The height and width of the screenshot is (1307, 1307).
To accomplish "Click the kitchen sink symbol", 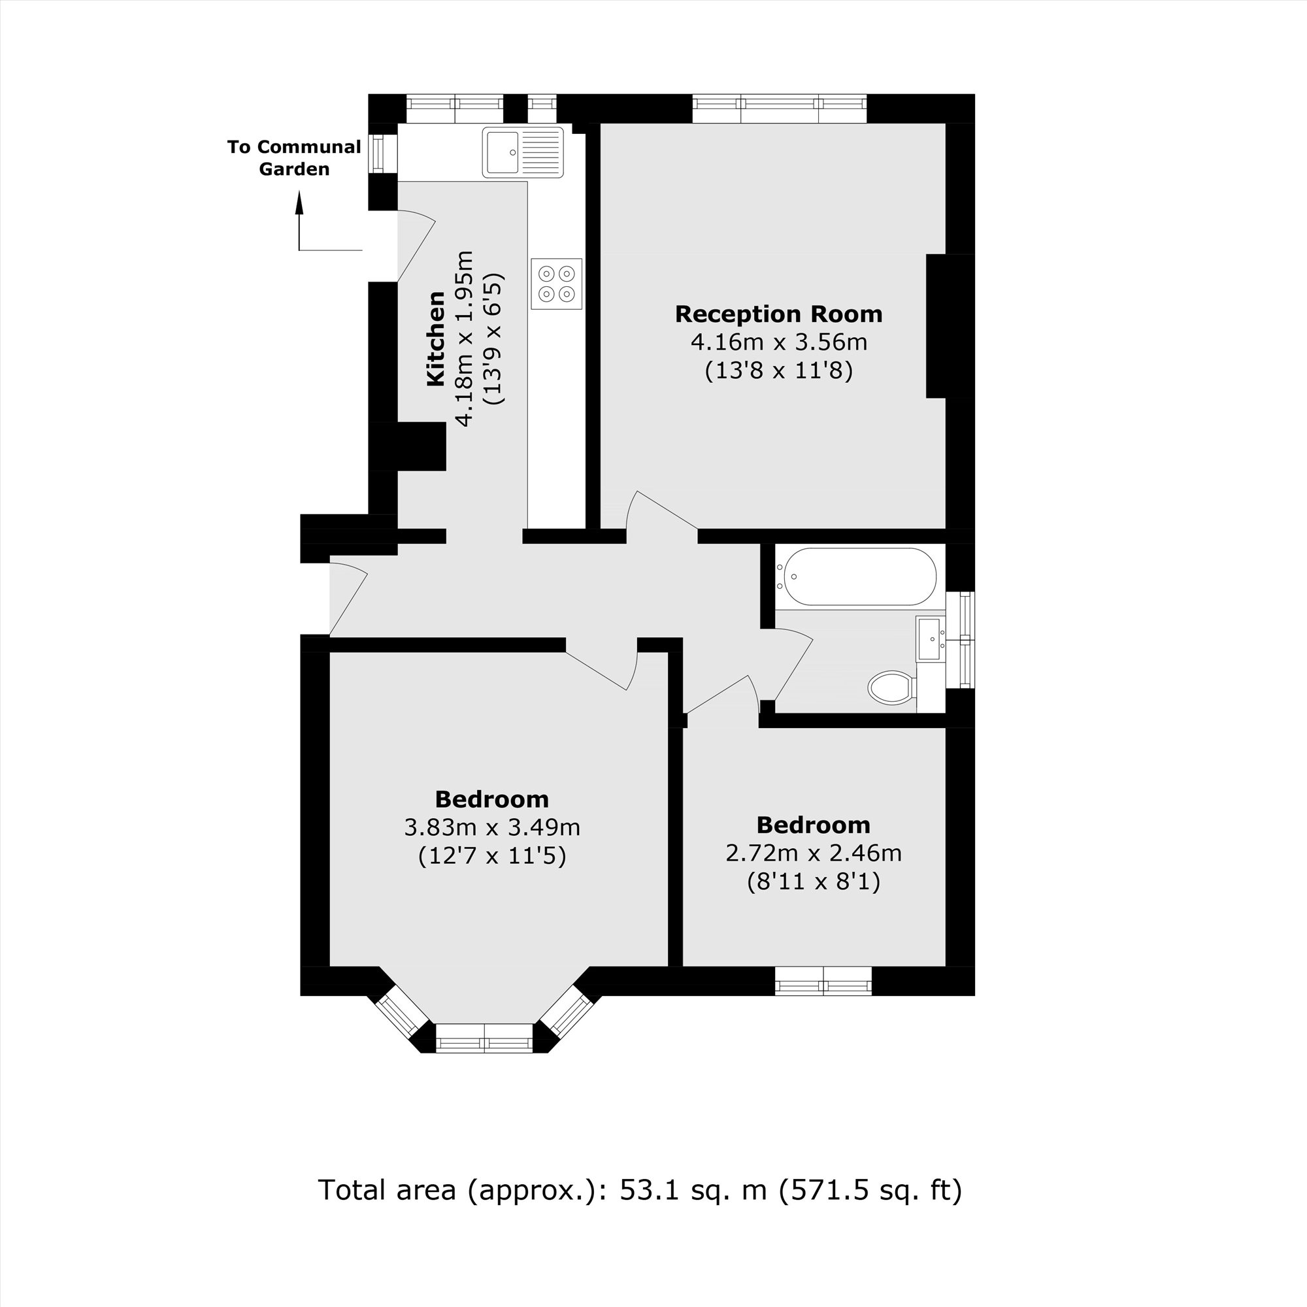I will point(522,153).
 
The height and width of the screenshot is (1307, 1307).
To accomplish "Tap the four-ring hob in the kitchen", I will point(556,284).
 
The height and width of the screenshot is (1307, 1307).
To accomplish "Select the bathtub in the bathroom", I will point(857,576).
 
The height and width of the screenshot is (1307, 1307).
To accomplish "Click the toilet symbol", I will point(891,688).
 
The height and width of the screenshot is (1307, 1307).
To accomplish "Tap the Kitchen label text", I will point(436,339).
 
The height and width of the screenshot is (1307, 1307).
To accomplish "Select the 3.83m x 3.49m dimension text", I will point(492,827).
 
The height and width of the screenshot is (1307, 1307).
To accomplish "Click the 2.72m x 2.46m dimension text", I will point(813,853).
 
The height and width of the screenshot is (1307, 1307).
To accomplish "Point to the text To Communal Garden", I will point(293,157).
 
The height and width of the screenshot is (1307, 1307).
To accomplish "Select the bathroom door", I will point(791,663).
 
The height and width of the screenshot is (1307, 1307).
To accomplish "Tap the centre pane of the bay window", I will point(484,1038).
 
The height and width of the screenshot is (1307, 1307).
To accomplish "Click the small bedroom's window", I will point(823,980).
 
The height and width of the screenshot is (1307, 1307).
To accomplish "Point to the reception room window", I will point(779,109).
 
